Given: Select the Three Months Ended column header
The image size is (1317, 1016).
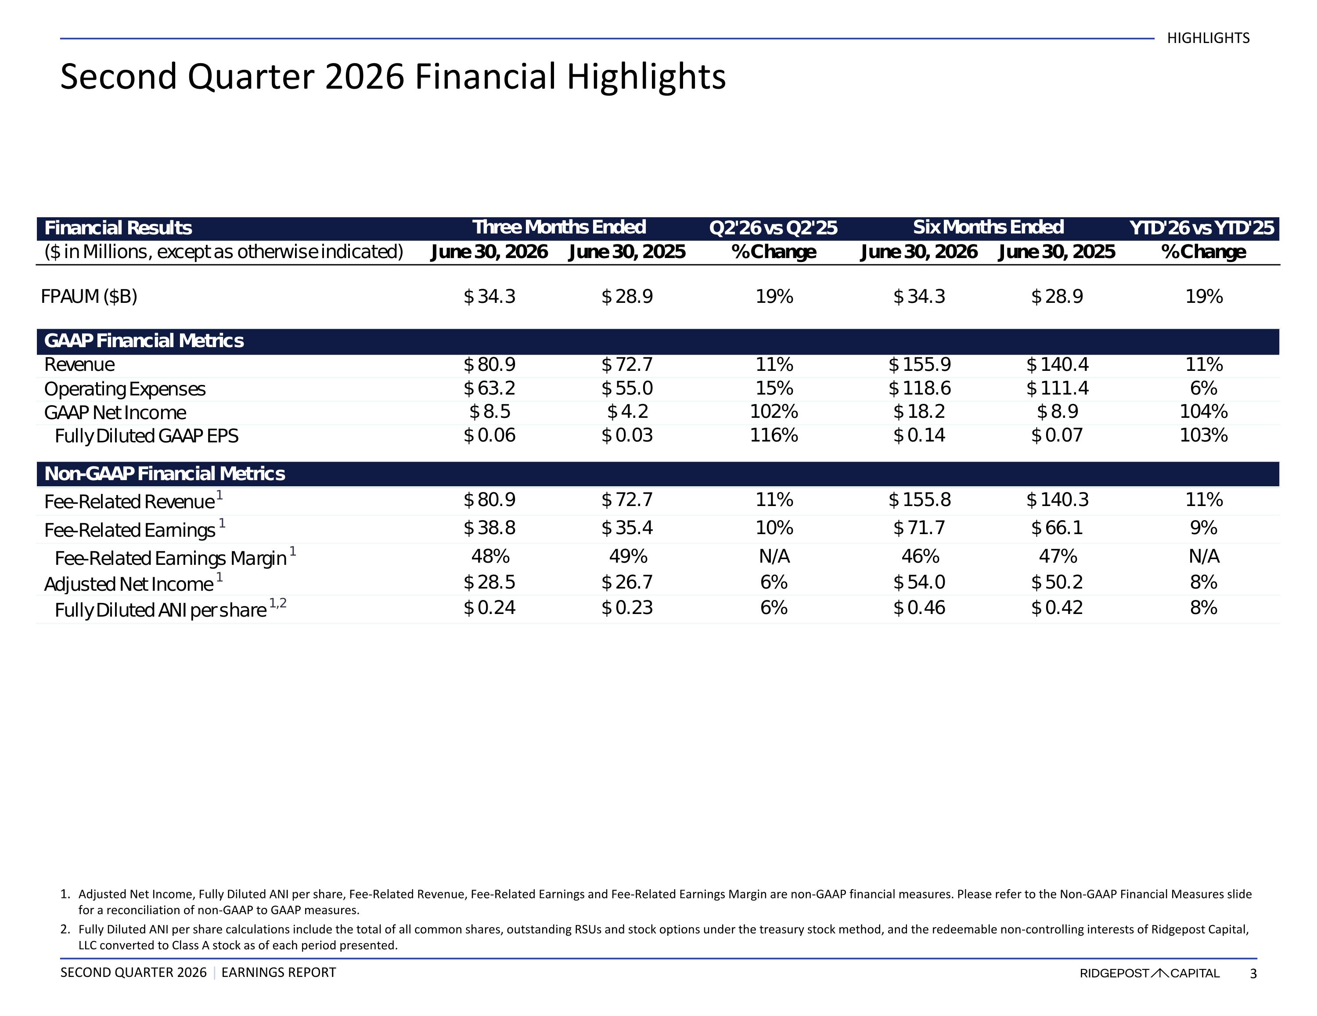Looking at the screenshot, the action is coord(559,227).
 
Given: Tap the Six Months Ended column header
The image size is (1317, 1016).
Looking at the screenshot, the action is coord(988,227).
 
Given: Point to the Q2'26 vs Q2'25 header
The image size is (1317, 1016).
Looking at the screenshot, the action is coord(774,228).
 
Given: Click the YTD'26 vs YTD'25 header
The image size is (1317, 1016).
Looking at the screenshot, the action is coord(1202,228).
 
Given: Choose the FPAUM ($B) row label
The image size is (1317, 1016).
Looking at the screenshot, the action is coord(89,297).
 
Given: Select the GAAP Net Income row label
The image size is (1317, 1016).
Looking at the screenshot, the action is coord(115,413).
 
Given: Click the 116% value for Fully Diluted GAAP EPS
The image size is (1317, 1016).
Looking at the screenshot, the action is coord(774,435).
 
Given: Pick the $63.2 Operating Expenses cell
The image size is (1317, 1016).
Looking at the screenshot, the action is coord(489,388).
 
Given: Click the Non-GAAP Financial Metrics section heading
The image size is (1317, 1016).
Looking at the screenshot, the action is coord(165,474).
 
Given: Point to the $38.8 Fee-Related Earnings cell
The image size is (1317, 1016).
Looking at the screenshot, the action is coord(489,528).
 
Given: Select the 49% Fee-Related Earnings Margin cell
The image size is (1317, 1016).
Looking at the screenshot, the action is coord(628,556).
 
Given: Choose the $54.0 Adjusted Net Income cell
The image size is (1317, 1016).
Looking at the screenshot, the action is coord(920,582).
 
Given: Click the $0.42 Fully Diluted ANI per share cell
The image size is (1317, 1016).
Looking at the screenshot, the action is coord(1057,608).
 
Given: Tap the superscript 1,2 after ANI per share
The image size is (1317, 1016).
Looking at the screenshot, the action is coord(278,603).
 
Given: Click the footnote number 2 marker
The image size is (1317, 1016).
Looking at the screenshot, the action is coord(65,929).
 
